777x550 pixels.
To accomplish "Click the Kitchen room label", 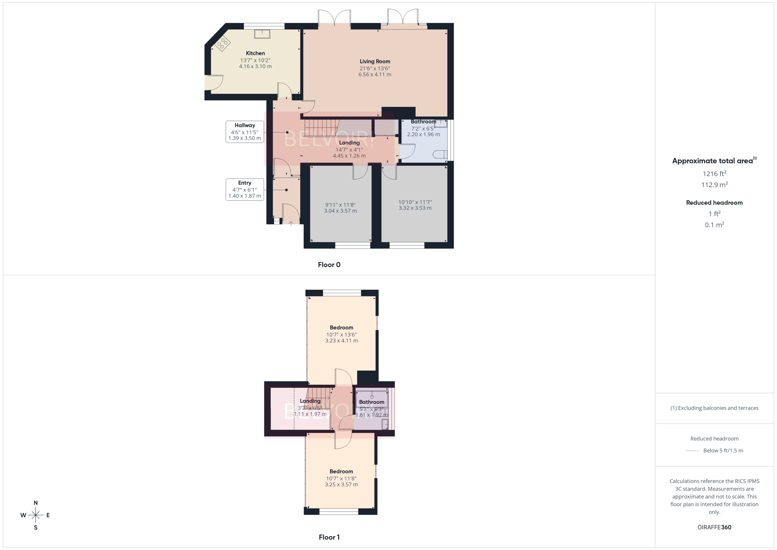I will (255, 53).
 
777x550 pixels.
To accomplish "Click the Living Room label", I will (375, 61).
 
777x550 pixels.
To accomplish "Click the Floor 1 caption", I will (329, 537).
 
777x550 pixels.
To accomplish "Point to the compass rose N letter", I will (36, 503).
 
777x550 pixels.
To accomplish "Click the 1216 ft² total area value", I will (714, 174).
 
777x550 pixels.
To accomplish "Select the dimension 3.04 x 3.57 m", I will (340, 211).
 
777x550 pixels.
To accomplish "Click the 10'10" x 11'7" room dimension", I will (415, 202).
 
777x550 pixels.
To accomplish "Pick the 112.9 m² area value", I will (714, 185).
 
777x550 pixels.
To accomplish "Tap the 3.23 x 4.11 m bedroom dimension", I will (341, 341).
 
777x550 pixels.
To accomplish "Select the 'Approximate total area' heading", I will (713, 161).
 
